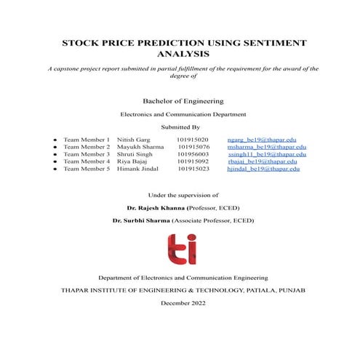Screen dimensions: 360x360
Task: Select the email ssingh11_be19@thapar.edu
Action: [x=262, y=153]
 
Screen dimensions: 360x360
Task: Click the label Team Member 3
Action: [x=86, y=153]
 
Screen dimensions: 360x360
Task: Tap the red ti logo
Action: [x=181, y=249]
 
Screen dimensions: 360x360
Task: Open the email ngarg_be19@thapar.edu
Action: [x=261, y=138]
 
